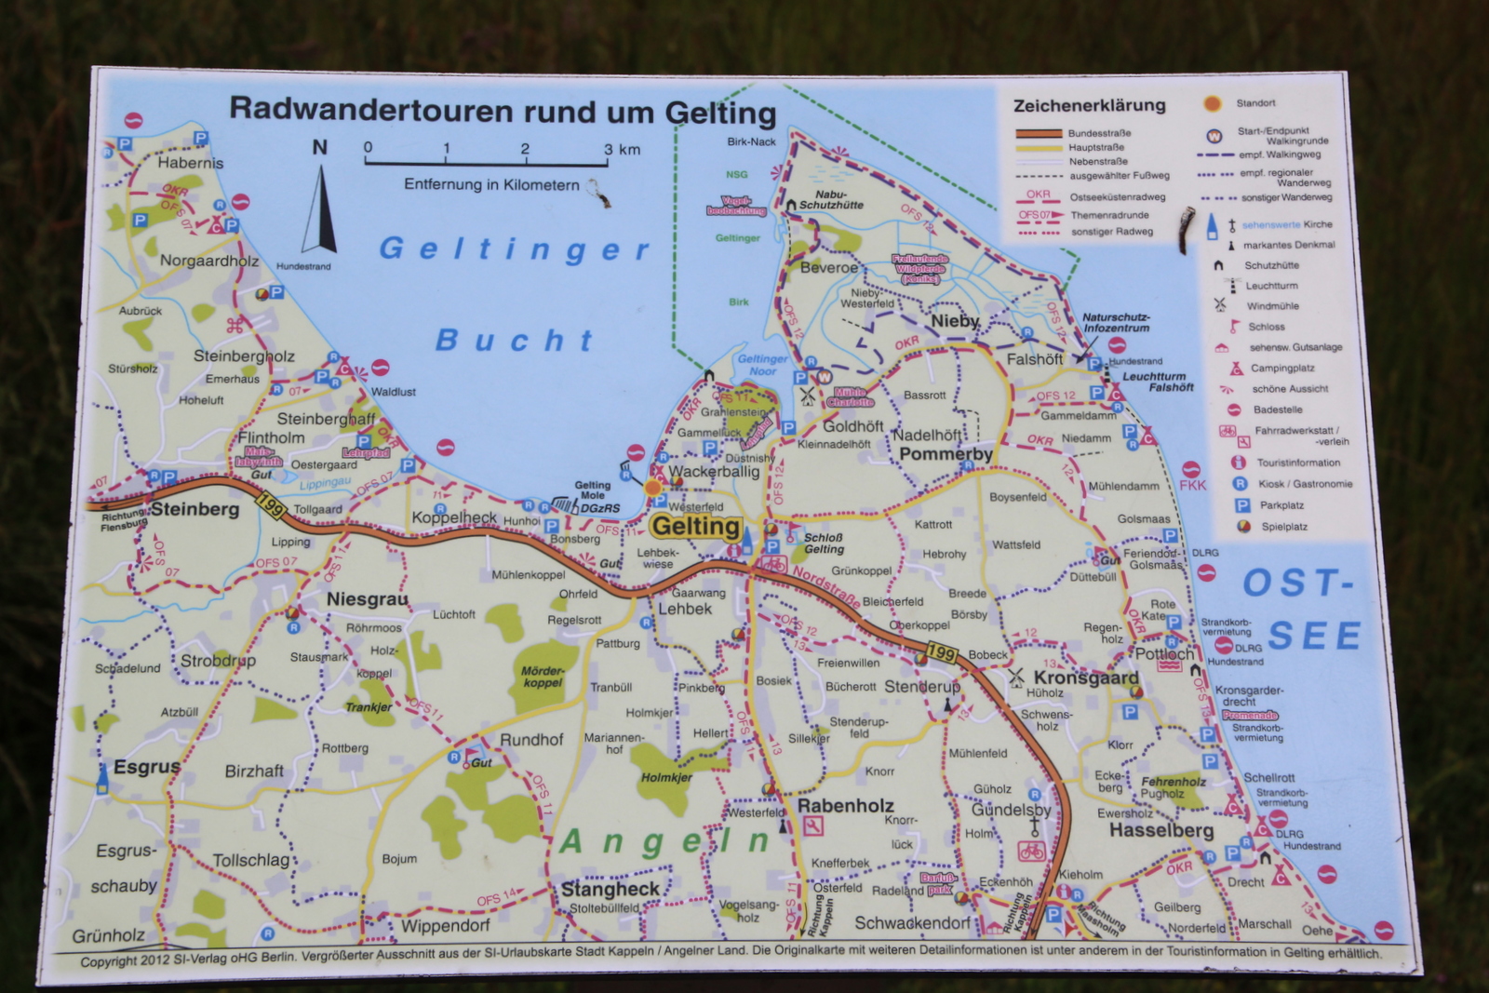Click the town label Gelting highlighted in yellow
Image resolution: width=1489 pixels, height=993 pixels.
pos(695,527)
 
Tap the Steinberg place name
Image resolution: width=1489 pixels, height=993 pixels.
pos(195,509)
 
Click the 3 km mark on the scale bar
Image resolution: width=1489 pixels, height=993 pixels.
pos(609,149)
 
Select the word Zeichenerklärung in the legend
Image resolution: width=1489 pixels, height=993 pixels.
pos(1089,105)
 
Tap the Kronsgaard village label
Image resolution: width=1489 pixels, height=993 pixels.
pos(1086,678)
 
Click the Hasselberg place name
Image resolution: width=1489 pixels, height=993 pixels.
pos(1161,830)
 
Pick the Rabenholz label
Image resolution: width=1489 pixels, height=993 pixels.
pos(845,806)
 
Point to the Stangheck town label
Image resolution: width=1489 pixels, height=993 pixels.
pos(610,889)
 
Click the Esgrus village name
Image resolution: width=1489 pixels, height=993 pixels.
pos(146,767)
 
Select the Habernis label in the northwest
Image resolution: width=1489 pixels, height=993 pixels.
pos(191,163)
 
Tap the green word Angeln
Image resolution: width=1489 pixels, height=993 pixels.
pos(664,841)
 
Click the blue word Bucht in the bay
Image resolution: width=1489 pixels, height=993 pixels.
pos(514,340)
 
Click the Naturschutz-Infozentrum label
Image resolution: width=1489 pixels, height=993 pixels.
pos(1116,322)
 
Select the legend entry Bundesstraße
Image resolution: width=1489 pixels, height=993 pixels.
pos(1099,133)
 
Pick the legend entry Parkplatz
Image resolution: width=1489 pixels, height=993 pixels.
pos(1281,505)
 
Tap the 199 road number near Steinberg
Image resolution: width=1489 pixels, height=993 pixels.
pos(271,507)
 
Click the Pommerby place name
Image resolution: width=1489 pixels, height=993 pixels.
pos(946,454)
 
